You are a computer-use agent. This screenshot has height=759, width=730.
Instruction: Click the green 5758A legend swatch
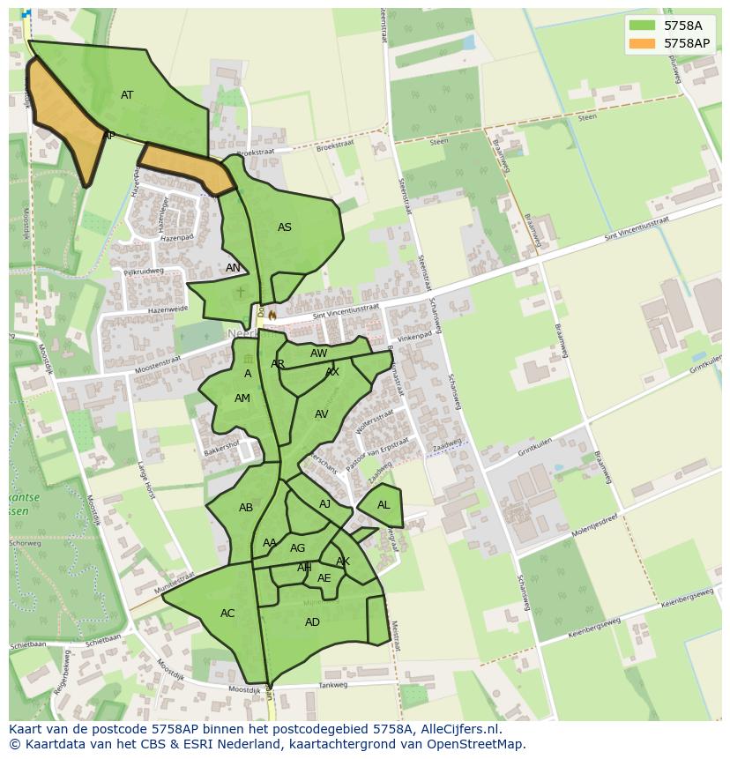coord(642,26)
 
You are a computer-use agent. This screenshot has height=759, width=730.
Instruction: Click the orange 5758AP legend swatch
coord(642,43)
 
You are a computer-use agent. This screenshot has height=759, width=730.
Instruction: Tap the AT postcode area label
coord(127,95)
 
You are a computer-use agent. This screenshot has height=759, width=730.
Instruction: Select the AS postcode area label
coord(284,227)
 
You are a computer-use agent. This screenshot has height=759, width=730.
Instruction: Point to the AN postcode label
coord(233,268)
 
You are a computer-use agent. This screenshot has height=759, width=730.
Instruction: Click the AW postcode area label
coord(318,353)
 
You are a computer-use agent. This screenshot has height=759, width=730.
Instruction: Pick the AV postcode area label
coord(321,414)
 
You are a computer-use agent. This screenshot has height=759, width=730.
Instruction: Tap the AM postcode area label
coord(242,398)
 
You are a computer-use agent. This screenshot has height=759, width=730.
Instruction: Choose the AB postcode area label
coord(246,508)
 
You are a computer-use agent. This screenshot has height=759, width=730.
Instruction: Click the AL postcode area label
coord(384,505)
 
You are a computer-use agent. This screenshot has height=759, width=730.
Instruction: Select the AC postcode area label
coord(227,614)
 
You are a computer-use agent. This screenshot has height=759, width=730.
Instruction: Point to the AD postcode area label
coord(312,622)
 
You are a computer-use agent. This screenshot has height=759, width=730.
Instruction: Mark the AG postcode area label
coord(297,548)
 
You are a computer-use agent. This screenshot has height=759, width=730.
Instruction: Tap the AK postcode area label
coord(343,562)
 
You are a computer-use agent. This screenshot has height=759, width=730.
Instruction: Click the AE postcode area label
coord(324,578)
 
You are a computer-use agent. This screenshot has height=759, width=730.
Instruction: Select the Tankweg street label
coord(333,684)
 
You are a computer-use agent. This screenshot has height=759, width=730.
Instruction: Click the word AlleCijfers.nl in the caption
coord(459,729)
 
